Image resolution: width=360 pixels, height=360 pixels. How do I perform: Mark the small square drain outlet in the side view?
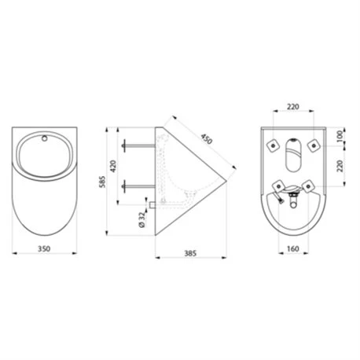click(x=160, y=202)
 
